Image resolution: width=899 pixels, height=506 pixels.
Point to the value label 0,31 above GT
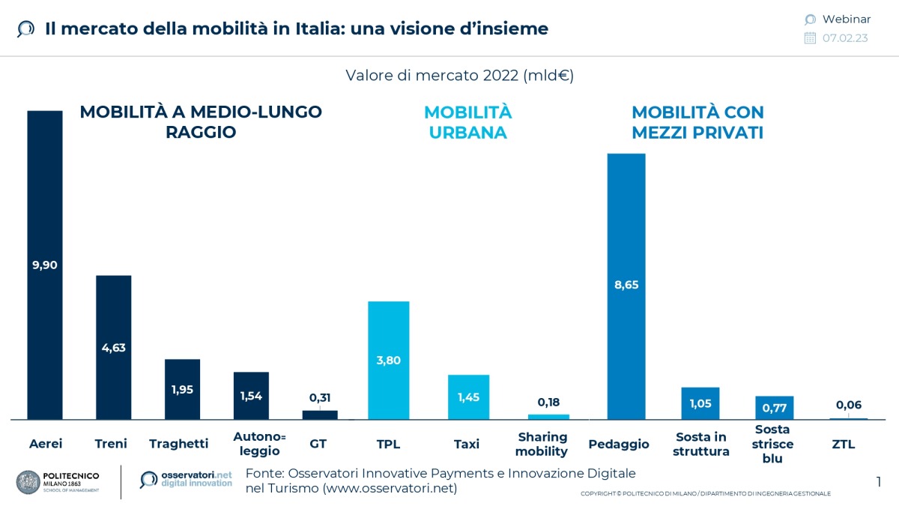click(x=320, y=398)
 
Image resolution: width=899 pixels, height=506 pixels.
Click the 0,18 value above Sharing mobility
click(x=548, y=403)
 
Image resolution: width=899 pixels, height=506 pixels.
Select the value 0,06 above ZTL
click(x=848, y=405)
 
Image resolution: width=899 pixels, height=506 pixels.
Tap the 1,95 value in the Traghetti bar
click(x=182, y=391)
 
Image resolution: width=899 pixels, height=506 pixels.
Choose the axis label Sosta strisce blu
click(x=773, y=444)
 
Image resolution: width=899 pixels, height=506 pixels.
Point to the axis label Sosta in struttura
click(x=700, y=444)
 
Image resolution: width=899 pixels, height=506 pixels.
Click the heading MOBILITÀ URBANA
click(x=467, y=122)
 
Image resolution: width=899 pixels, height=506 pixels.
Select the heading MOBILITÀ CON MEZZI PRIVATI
click(x=697, y=122)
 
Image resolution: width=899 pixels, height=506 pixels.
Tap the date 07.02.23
click(x=845, y=38)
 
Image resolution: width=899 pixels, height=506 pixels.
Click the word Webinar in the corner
click(x=846, y=19)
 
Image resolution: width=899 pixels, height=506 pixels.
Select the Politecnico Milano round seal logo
click(x=28, y=481)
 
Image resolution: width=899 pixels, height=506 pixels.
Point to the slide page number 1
click(x=878, y=481)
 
